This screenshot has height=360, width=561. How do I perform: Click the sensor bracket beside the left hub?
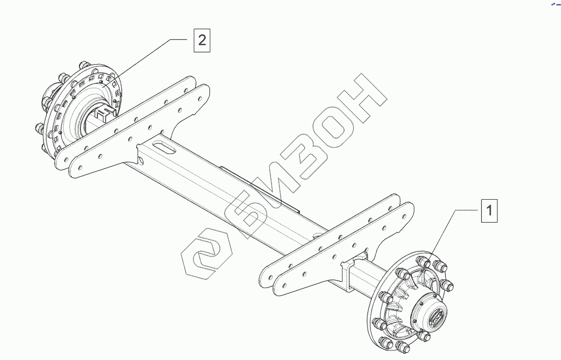(104, 115)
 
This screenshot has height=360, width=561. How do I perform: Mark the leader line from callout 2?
(152, 56)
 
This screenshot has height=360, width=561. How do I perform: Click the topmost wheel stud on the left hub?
(85, 62)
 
